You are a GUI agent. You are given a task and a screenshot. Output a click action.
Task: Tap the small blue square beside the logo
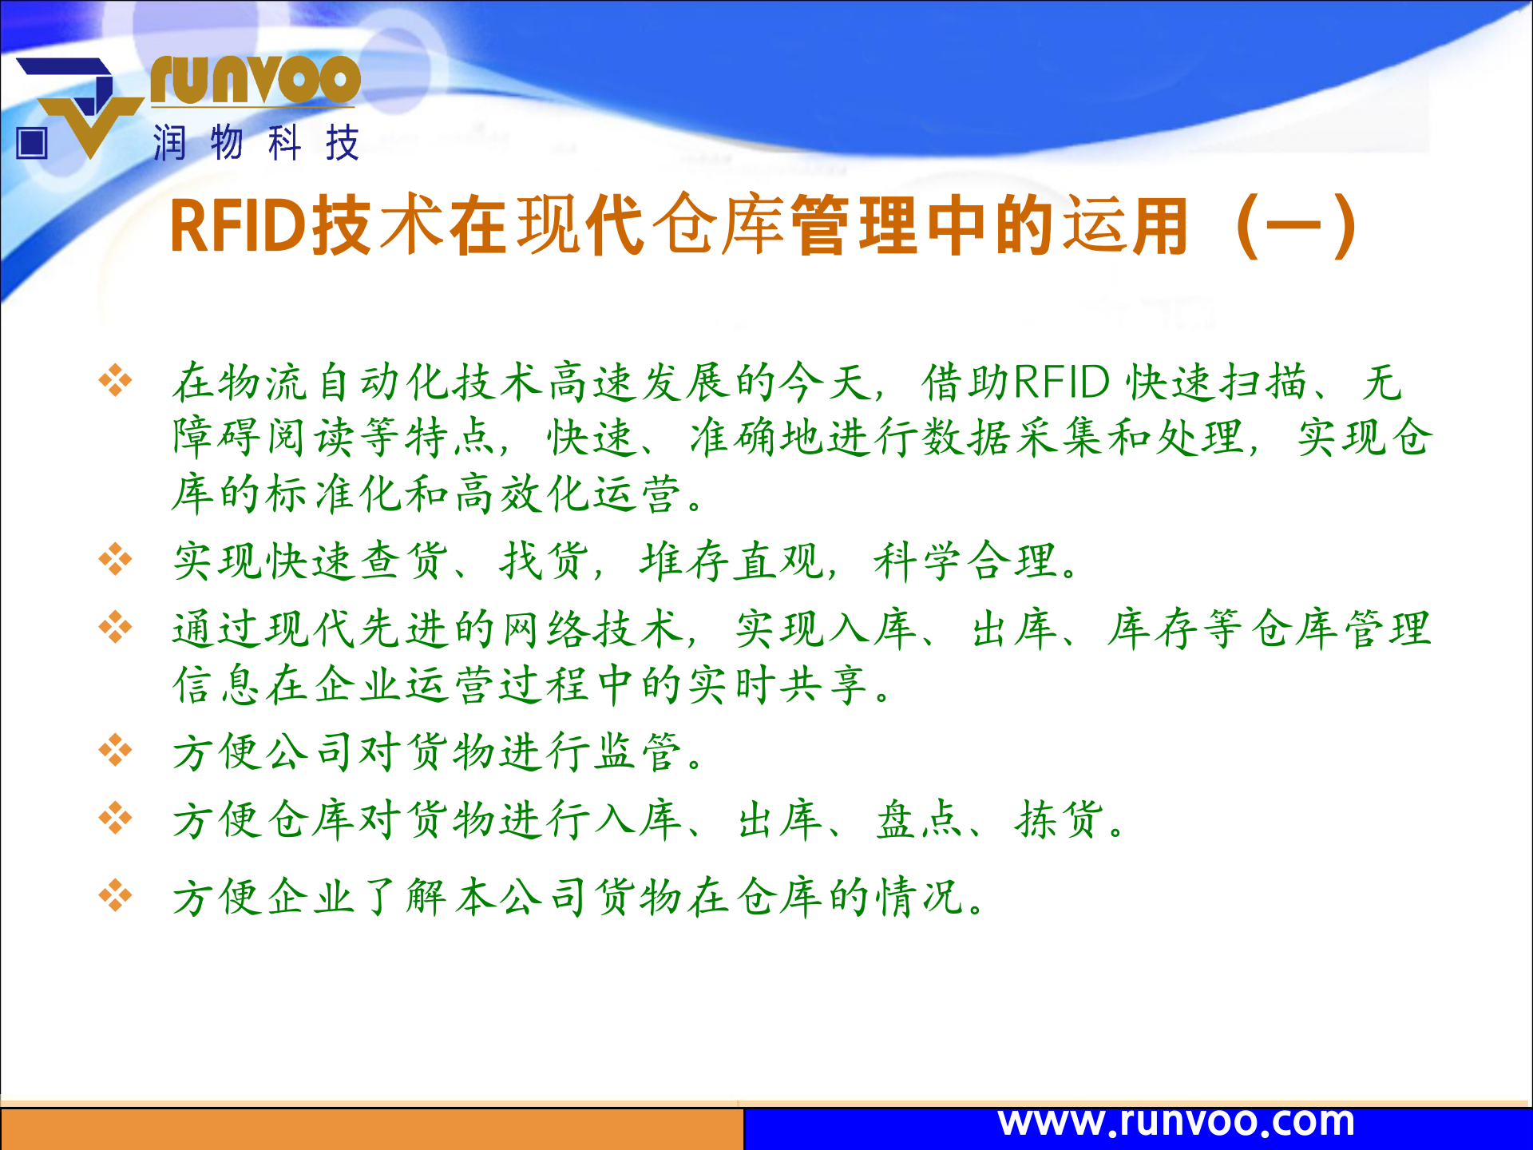pos(32,144)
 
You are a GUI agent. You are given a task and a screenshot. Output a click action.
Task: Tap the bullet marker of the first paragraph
pos(115,380)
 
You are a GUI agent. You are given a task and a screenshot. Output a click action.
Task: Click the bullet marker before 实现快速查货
pos(115,559)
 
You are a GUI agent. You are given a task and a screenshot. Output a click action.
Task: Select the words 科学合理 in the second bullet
pos(966,561)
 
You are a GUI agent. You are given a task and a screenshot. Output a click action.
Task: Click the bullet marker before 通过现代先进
pos(115,627)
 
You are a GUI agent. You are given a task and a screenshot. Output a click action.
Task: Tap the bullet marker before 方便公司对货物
pos(115,751)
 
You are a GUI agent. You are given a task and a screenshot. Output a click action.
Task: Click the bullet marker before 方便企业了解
pos(115,896)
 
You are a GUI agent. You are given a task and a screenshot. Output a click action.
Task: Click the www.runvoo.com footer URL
pos(1176,1122)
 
